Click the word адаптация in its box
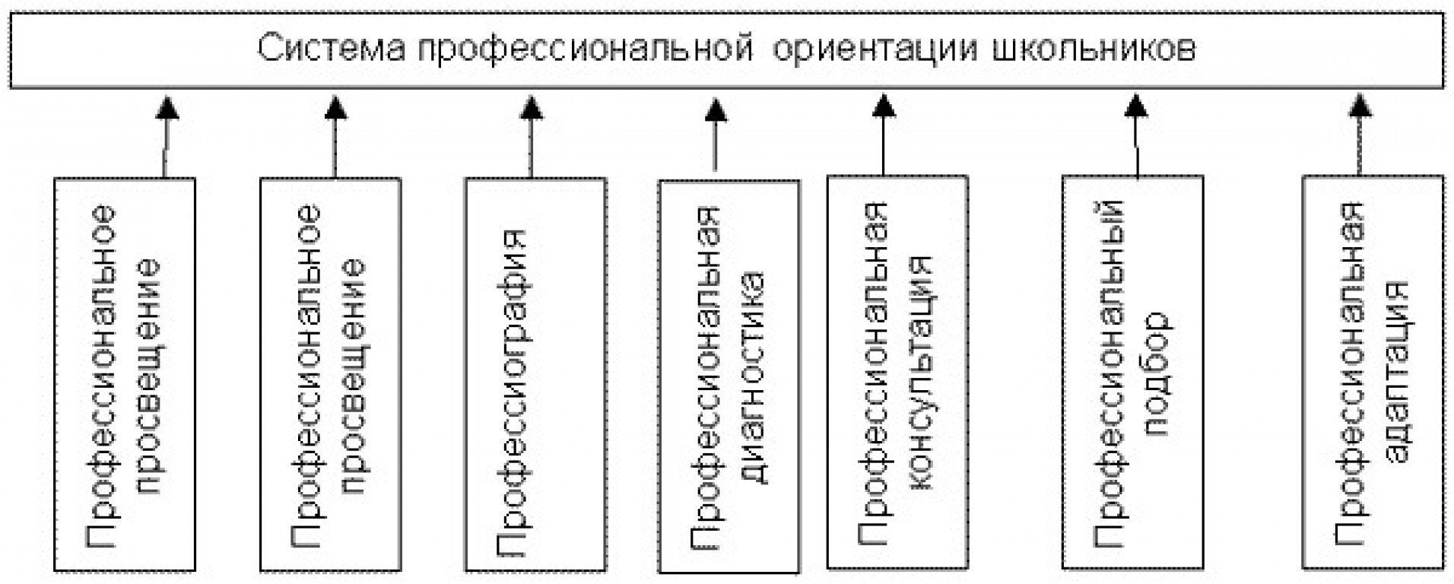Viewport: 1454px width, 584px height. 1398,372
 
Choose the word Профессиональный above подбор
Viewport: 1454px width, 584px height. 1110,373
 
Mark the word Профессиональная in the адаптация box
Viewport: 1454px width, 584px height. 1351,373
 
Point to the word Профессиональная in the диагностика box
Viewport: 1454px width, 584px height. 706,377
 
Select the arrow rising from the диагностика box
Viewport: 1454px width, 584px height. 716,134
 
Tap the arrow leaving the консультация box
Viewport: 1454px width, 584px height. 884,135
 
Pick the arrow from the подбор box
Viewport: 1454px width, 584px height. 1136,135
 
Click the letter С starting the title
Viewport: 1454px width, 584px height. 268,49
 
